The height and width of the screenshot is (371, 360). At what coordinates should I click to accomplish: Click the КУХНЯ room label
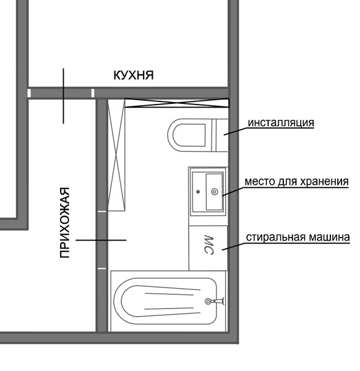(x=134, y=75)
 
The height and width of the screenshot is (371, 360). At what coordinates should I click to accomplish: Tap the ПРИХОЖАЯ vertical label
(x=64, y=223)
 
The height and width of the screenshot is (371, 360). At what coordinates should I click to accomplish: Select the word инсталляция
(x=281, y=123)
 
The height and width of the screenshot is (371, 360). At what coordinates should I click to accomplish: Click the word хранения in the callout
(x=325, y=182)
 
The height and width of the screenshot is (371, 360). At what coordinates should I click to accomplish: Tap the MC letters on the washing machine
(x=208, y=245)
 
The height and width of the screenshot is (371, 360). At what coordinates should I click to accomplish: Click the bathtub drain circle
(x=208, y=301)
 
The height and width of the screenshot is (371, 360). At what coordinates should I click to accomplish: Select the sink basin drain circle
(x=215, y=192)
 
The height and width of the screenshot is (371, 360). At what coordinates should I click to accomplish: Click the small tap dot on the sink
(x=198, y=192)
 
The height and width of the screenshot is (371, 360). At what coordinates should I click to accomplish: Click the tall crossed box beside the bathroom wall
(x=116, y=155)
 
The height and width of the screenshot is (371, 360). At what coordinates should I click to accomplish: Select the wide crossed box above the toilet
(x=177, y=103)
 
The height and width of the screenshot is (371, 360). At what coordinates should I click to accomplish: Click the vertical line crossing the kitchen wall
(x=63, y=96)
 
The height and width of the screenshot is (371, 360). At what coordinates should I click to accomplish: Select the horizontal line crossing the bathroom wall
(x=101, y=240)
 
